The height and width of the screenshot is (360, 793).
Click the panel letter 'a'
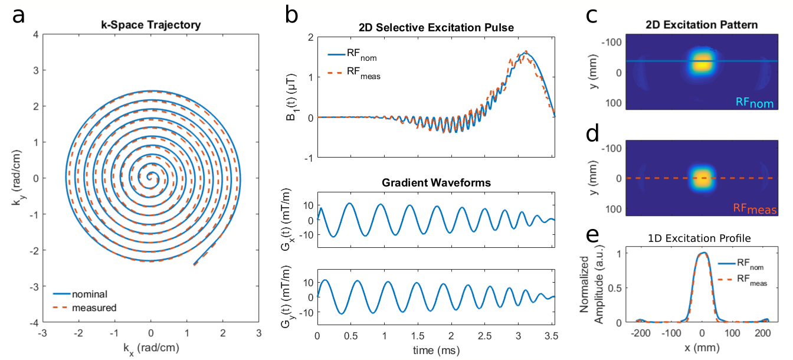(x=19, y=17)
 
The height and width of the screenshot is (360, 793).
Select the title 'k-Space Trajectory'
(x=151, y=25)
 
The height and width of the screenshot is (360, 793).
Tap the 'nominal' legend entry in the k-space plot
(x=94, y=293)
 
